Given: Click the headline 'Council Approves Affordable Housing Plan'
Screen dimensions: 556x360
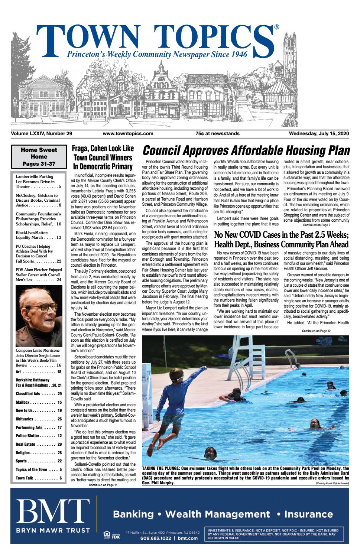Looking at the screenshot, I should pyautogui.click(x=246, y=151).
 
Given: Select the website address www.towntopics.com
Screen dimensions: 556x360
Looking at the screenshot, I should pyautogui.click(x=128, y=134).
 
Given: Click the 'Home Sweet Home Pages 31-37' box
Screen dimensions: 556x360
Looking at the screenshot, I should pyautogui.click(x=39, y=156).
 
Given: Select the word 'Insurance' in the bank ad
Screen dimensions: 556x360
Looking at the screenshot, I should pyautogui.click(x=308, y=514).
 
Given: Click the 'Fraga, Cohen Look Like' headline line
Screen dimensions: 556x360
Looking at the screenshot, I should pyautogui.click(x=103, y=149).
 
